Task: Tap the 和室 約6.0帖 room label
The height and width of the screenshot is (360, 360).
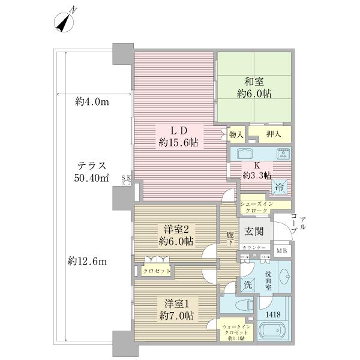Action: pyautogui.click(x=253, y=88)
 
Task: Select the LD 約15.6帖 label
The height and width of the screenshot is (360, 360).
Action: pyautogui.click(x=174, y=137)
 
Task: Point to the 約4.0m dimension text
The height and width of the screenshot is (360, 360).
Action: pyautogui.click(x=92, y=101)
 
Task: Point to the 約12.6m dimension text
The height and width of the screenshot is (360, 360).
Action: pyautogui.click(x=88, y=261)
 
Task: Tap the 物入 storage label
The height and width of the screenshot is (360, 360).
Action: pyautogui.click(x=236, y=136)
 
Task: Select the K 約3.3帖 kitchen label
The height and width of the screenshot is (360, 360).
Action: pyautogui.click(x=257, y=169)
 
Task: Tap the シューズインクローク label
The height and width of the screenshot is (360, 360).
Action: pyautogui.click(x=257, y=208)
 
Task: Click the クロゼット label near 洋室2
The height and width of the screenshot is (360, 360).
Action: pyautogui.click(x=156, y=271)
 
